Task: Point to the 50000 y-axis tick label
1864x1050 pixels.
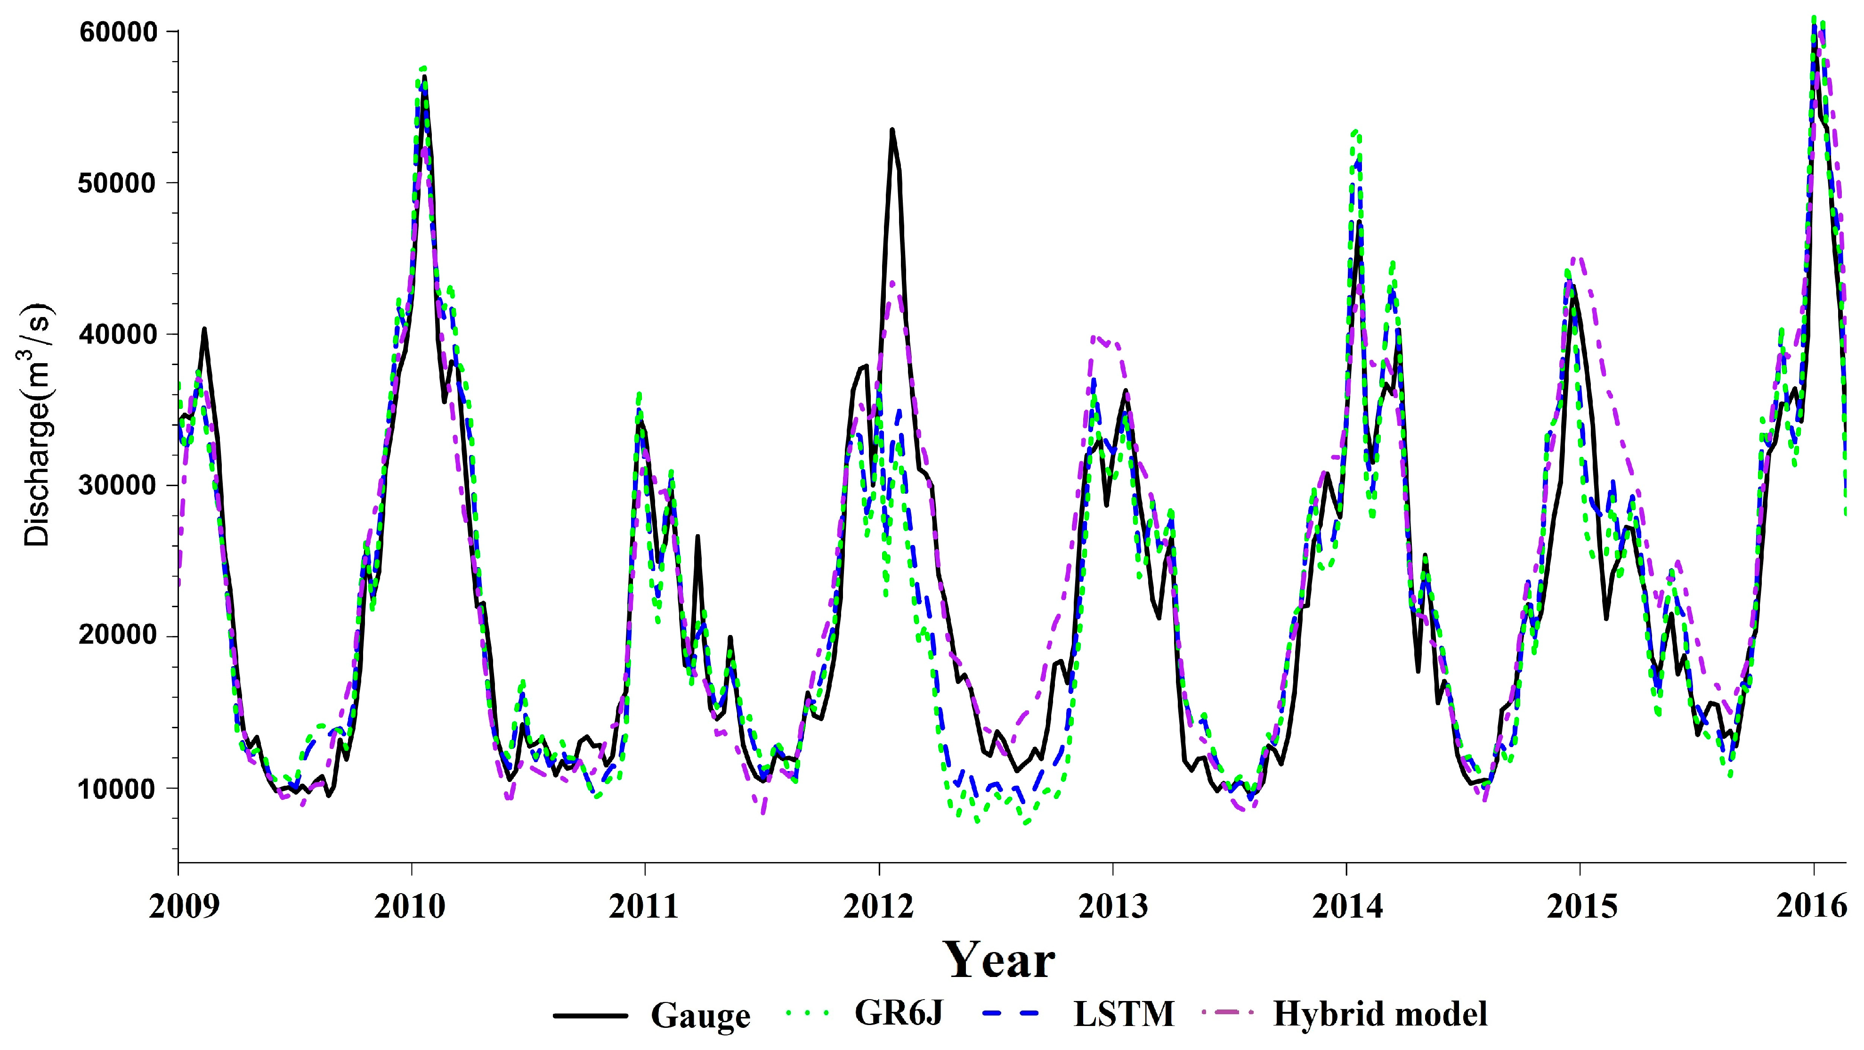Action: pos(118,183)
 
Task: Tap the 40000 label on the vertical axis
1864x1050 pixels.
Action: pos(118,334)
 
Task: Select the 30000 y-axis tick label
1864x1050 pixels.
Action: pos(118,486)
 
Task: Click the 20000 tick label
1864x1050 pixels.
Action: pos(118,637)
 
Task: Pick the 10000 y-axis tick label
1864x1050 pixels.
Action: pos(118,788)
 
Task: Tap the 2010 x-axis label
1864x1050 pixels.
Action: pos(410,907)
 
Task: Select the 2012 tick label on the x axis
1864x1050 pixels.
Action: pos(878,907)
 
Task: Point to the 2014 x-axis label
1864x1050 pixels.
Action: pos(1346,907)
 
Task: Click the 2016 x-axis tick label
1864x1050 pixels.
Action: pos(1811,907)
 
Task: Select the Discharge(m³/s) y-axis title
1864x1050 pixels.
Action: pos(38,425)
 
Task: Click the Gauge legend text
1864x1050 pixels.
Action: pos(700,1015)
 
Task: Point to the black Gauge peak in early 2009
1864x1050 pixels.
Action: pos(204,329)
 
